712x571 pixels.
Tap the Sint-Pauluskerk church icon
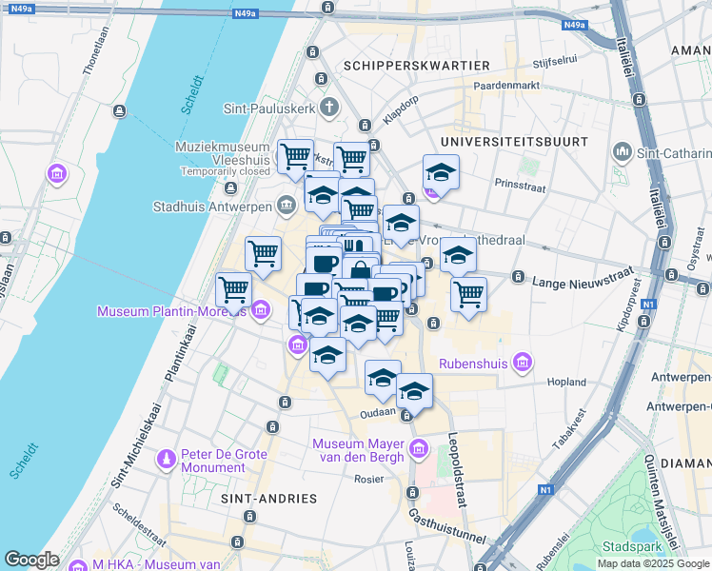[x=329, y=107]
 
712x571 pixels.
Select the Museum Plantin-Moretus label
[x=170, y=311]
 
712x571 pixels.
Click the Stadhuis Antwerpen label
[x=213, y=206]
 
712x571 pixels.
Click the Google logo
[x=31, y=560]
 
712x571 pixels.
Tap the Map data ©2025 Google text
[x=654, y=563]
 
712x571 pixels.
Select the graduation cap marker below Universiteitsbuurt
[x=440, y=174]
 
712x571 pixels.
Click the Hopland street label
[x=568, y=382]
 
